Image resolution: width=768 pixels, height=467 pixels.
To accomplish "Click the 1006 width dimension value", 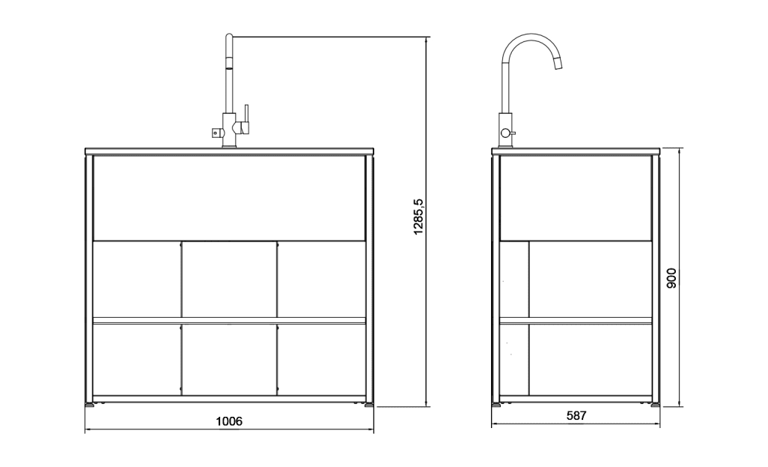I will (x=229, y=421).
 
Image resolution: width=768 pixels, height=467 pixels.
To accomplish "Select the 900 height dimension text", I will (x=671, y=278).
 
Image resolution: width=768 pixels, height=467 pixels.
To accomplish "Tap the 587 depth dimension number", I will (x=576, y=415).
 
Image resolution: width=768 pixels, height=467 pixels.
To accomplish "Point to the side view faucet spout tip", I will (x=557, y=67).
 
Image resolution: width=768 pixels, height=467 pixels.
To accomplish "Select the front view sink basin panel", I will (x=229, y=198).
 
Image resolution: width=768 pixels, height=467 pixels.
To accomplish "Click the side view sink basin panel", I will (x=575, y=198).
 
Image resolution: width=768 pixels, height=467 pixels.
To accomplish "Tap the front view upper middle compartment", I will (x=229, y=279).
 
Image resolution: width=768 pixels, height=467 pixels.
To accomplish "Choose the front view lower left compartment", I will (x=136, y=359).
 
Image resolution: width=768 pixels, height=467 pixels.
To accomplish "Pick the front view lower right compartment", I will (x=321, y=359).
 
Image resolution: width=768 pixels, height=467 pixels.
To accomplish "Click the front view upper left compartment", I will (x=136, y=279).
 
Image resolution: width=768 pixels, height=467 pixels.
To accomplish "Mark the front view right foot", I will (x=368, y=405).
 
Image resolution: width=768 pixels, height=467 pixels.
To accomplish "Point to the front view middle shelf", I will (x=229, y=320).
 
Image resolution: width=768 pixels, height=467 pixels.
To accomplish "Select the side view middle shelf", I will (x=575, y=320).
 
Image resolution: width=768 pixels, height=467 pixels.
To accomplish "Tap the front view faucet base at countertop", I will (x=229, y=145).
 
